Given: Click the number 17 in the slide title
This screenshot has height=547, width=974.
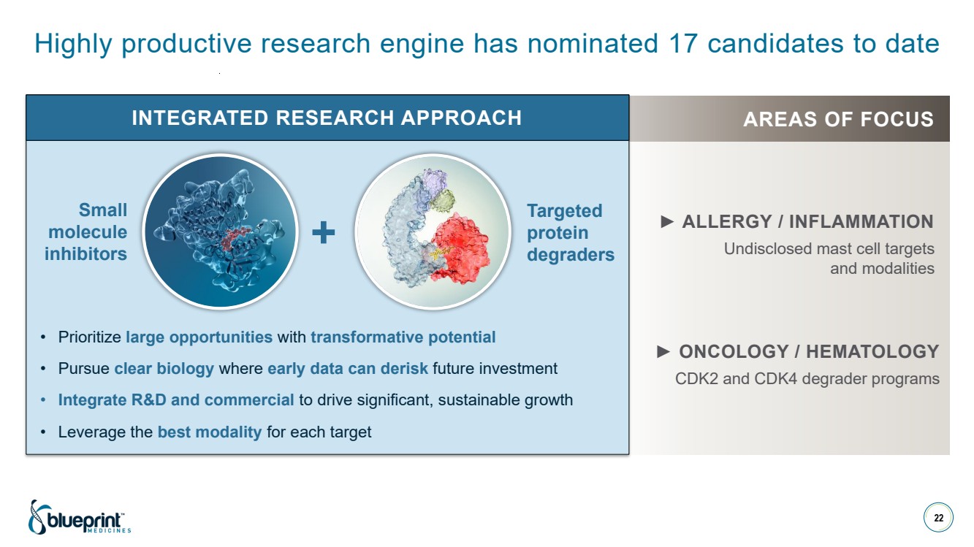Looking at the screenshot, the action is tap(682, 43).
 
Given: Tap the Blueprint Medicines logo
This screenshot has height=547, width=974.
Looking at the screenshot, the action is tap(80, 517).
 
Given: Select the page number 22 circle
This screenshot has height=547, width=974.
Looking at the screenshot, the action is tap(938, 518).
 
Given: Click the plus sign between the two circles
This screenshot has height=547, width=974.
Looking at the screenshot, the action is tap(324, 232).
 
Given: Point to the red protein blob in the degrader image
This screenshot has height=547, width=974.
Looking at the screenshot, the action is tap(460, 248).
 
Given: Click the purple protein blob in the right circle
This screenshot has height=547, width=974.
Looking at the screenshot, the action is tap(435, 183).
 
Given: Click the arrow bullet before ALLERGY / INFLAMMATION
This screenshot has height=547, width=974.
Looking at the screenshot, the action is tap(667, 221).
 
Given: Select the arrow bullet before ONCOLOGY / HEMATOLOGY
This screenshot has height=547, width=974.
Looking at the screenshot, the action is tap(663, 351).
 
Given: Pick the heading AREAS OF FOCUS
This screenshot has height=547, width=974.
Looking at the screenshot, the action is tap(838, 119).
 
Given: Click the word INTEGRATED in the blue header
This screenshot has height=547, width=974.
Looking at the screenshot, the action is tap(199, 118).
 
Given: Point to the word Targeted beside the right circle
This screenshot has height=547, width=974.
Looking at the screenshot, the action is tap(564, 211).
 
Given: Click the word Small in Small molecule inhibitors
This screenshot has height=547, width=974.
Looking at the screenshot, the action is tap(103, 210).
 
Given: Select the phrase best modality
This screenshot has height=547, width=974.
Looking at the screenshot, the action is tap(210, 432).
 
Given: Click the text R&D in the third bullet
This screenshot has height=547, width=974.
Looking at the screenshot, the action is tap(149, 399).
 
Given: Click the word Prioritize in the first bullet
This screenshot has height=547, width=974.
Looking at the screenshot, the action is tap(90, 337).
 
